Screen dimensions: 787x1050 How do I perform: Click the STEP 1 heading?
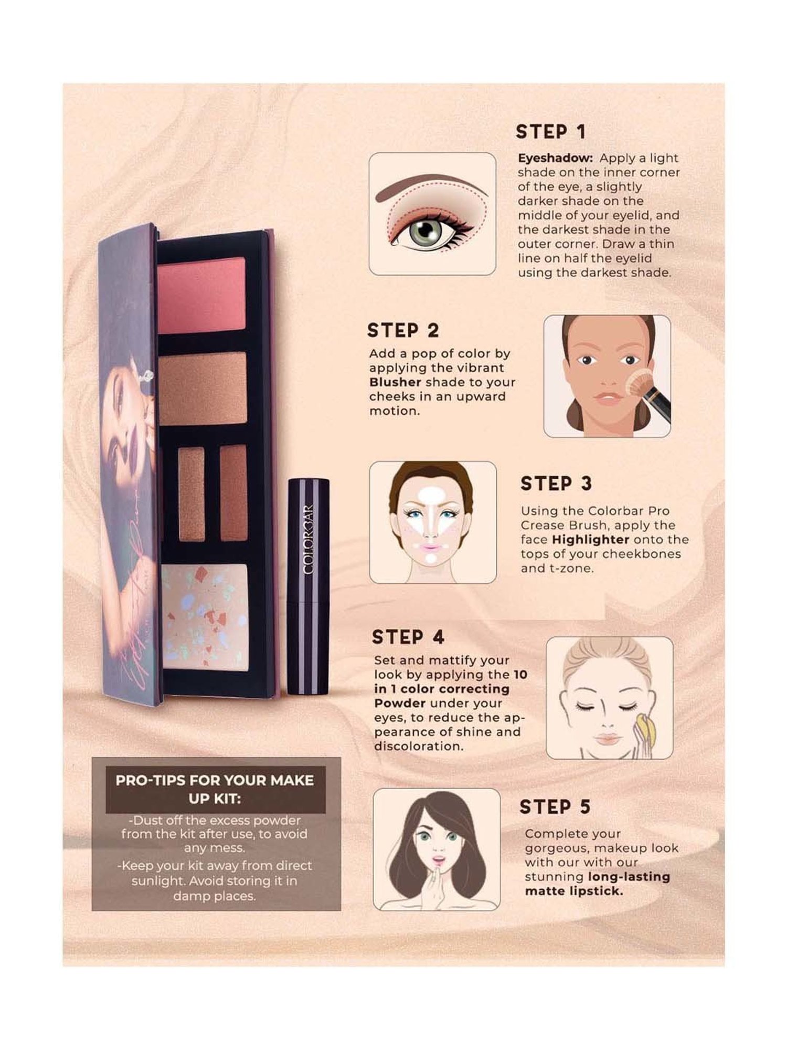pos(550,132)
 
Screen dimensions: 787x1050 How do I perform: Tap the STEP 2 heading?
pos(403,331)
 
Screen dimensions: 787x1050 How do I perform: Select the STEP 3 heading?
pos(556,484)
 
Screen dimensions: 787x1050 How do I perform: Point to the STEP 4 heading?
pos(408,637)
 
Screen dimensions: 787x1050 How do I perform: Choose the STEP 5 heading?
pos(555,807)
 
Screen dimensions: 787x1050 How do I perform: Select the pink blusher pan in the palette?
pos(201,295)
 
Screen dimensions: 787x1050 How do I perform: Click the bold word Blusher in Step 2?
pos(395,382)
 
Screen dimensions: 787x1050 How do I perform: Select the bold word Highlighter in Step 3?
pos(590,540)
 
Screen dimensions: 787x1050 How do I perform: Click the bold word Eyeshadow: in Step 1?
pos(556,159)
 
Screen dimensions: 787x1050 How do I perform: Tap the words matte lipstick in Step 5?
pos(574,891)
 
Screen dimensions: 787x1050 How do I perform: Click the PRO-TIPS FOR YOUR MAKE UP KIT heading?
pos(215,789)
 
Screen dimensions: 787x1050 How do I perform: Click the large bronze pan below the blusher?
pos(203,388)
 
